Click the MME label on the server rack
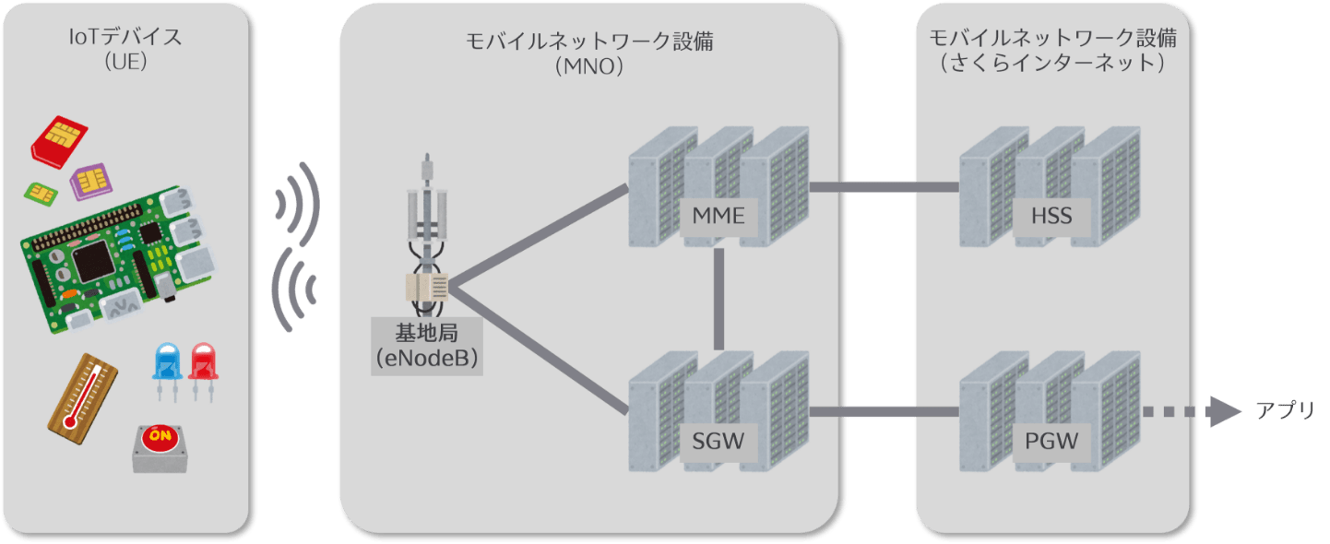click(718, 218)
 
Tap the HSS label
click(1051, 218)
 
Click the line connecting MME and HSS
click(884, 188)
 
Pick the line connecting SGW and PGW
click(884, 411)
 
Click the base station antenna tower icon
click(426, 240)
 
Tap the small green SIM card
click(40, 192)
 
